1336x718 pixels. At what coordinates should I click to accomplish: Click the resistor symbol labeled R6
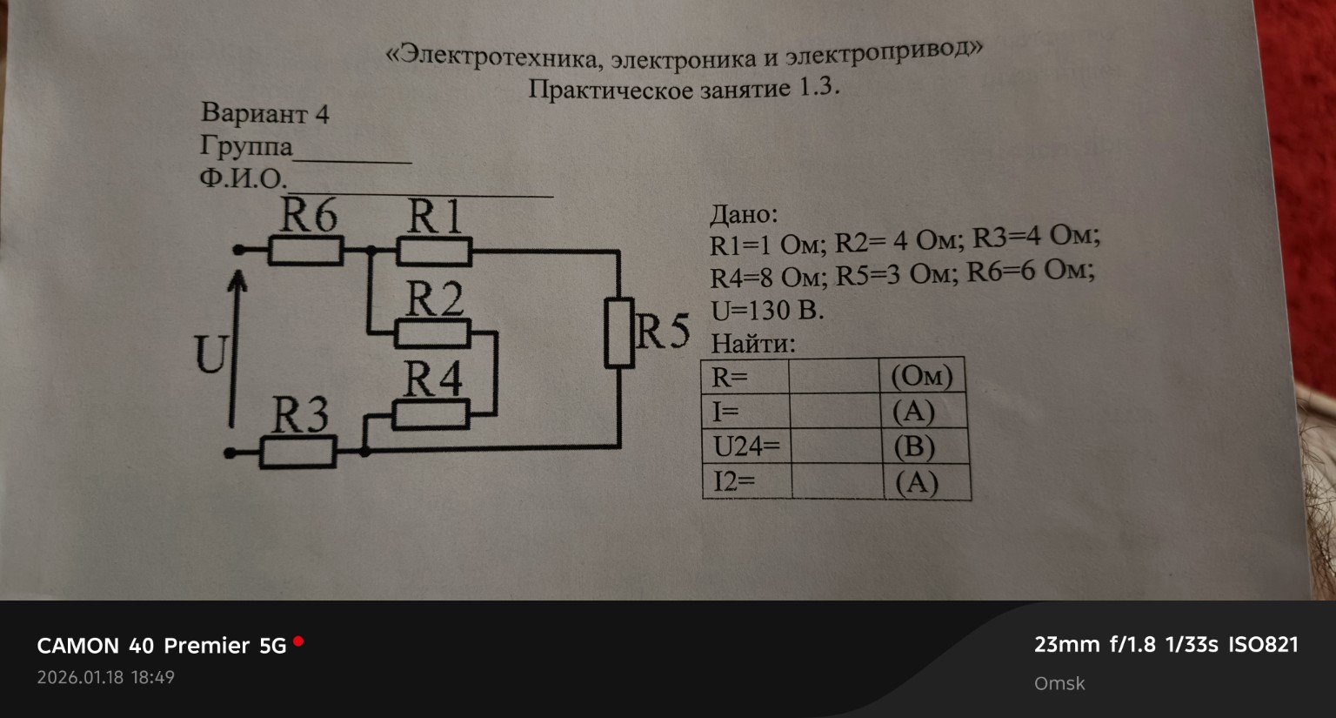304,252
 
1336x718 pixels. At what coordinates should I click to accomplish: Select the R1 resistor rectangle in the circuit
434,252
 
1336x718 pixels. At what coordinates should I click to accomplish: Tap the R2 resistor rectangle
432,333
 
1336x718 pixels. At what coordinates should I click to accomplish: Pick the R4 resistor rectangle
431,414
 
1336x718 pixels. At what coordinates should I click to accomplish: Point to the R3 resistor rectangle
298,453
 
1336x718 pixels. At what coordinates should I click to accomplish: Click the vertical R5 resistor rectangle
619,332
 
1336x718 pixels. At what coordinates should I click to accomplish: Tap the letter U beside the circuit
210,353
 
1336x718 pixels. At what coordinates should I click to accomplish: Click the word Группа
246,145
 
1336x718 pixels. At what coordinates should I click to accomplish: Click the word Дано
744,214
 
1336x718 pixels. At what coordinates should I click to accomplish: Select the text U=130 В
766,310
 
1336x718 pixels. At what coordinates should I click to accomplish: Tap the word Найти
752,343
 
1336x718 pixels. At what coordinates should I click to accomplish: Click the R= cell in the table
744,377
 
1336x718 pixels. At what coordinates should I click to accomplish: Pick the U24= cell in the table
746,446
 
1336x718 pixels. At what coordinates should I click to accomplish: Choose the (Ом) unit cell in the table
922,376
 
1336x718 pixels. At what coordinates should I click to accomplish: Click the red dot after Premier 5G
298,641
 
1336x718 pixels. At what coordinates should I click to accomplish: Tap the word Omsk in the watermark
1059,683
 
